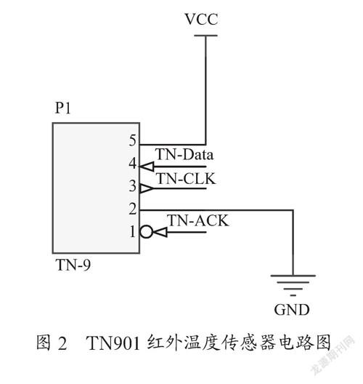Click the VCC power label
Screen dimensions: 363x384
(201, 19)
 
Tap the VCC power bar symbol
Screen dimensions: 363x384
(205, 36)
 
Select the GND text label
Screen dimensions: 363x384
(292, 310)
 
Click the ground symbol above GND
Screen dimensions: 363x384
(293, 285)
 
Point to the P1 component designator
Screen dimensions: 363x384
(63, 108)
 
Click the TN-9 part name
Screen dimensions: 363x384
(73, 265)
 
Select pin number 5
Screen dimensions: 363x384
(132, 140)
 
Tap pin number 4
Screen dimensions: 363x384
(132, 163)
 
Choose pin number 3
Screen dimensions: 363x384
(132, 185)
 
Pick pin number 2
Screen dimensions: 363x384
(133, 209)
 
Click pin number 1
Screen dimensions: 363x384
(133, 231)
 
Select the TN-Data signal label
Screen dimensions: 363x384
(184, 154)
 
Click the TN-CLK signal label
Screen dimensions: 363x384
(186, 178)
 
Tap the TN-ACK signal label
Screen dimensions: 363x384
(198, 220)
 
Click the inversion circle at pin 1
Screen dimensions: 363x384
(147, 232)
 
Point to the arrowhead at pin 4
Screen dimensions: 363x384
(147, 167)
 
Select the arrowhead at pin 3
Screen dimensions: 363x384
(147, 188)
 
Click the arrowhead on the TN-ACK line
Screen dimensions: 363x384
(160, 232)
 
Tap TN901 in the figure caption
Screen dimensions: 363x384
(113, 343)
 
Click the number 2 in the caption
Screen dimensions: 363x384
(62, 343)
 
